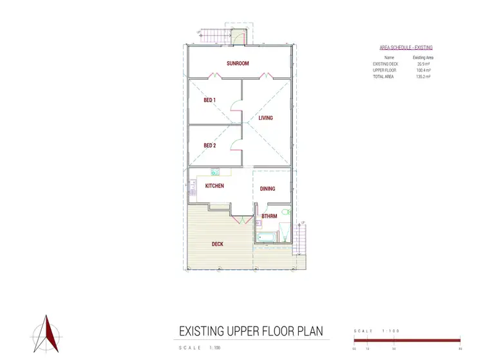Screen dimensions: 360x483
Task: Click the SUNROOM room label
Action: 238,63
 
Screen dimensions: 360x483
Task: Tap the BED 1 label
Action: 209,100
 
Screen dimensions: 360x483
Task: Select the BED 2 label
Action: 209,146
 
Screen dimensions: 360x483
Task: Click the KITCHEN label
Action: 214,186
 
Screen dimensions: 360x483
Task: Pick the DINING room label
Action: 267,189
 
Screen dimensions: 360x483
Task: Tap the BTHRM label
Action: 269,216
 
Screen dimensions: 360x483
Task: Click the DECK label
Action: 218,244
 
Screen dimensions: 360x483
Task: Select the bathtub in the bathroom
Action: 266,238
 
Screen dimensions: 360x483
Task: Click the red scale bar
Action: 407,340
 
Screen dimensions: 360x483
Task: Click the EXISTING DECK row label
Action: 385,64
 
